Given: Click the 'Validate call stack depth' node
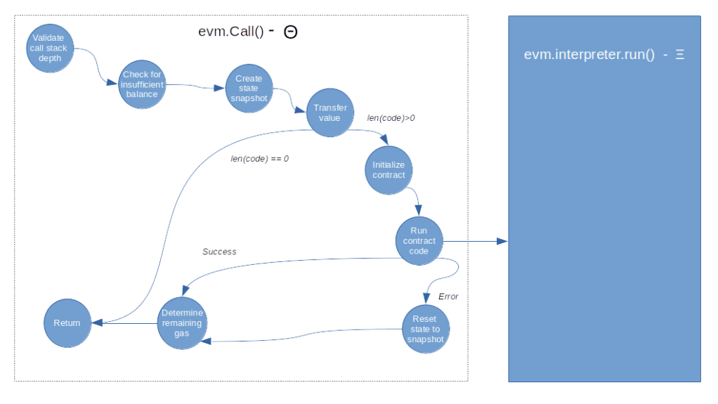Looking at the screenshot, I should tap(51, 48).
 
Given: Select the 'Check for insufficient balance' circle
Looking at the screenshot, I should tap(142, 85).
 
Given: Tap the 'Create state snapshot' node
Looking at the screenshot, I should tap(249, 89).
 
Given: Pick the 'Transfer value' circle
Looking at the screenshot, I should tap(329, 112).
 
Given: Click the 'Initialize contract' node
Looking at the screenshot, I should tap(389, 170).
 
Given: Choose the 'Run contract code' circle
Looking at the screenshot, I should tap(419, 241).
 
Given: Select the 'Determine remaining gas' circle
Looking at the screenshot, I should tap(182, 323).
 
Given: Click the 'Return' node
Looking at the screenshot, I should tap(67, 323).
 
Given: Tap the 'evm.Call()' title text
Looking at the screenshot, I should tap(231, 32).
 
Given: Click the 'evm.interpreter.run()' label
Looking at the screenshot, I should tap(589, 55).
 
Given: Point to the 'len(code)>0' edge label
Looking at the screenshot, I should tap(391, 119).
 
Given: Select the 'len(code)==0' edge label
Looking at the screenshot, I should tap(259, 159).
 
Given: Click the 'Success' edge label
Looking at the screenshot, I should tap(219, 252).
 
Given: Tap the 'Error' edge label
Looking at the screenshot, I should tap(448, 297).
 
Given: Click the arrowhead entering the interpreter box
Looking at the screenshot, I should tap(502, 242).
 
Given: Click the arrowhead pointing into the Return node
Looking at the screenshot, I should tap(98, 323).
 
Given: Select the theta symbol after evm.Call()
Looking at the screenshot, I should tap(291, 32).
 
